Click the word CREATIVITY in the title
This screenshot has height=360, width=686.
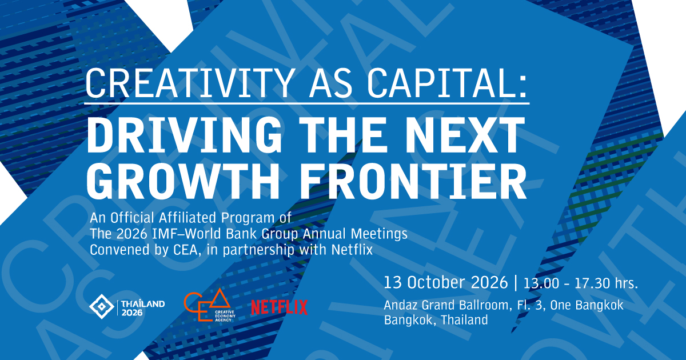click(x=190, y=83)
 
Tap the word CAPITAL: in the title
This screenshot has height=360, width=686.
click(x=447, y=83)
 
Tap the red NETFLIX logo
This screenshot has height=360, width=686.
click(x=280, y=307)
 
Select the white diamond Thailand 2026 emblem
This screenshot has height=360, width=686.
click(x=102, y=306)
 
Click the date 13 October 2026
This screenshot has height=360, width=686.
click(x=445, y=282)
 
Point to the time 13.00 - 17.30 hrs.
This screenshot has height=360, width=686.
click(x=581, y=283)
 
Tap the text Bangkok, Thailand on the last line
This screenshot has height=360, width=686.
click(x=436, y=320)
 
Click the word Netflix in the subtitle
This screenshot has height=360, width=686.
click(x=352, y=250)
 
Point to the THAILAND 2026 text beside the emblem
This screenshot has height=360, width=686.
click(x=143, y=308)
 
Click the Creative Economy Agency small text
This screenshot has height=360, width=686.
click(x=225, y=316)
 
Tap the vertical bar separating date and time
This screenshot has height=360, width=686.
click(x=516, y=282)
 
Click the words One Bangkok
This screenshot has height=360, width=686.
click(x=587, y=306)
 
